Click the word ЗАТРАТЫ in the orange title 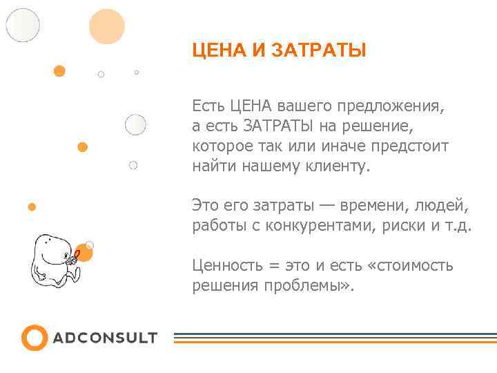pyautogui.click(x=319, y=51)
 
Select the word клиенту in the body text pyautogui.click(x=338, y=166)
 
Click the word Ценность pyautogui.click(x=225, y=266)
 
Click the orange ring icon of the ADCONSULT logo pyautogui.click(x=35, y=338)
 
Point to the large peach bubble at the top pyautogui.click(x=107, y=26)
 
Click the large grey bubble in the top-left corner pyautogui.click(x=23, y=25)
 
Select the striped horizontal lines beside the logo pyautogui.click(x=334, y=338)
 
